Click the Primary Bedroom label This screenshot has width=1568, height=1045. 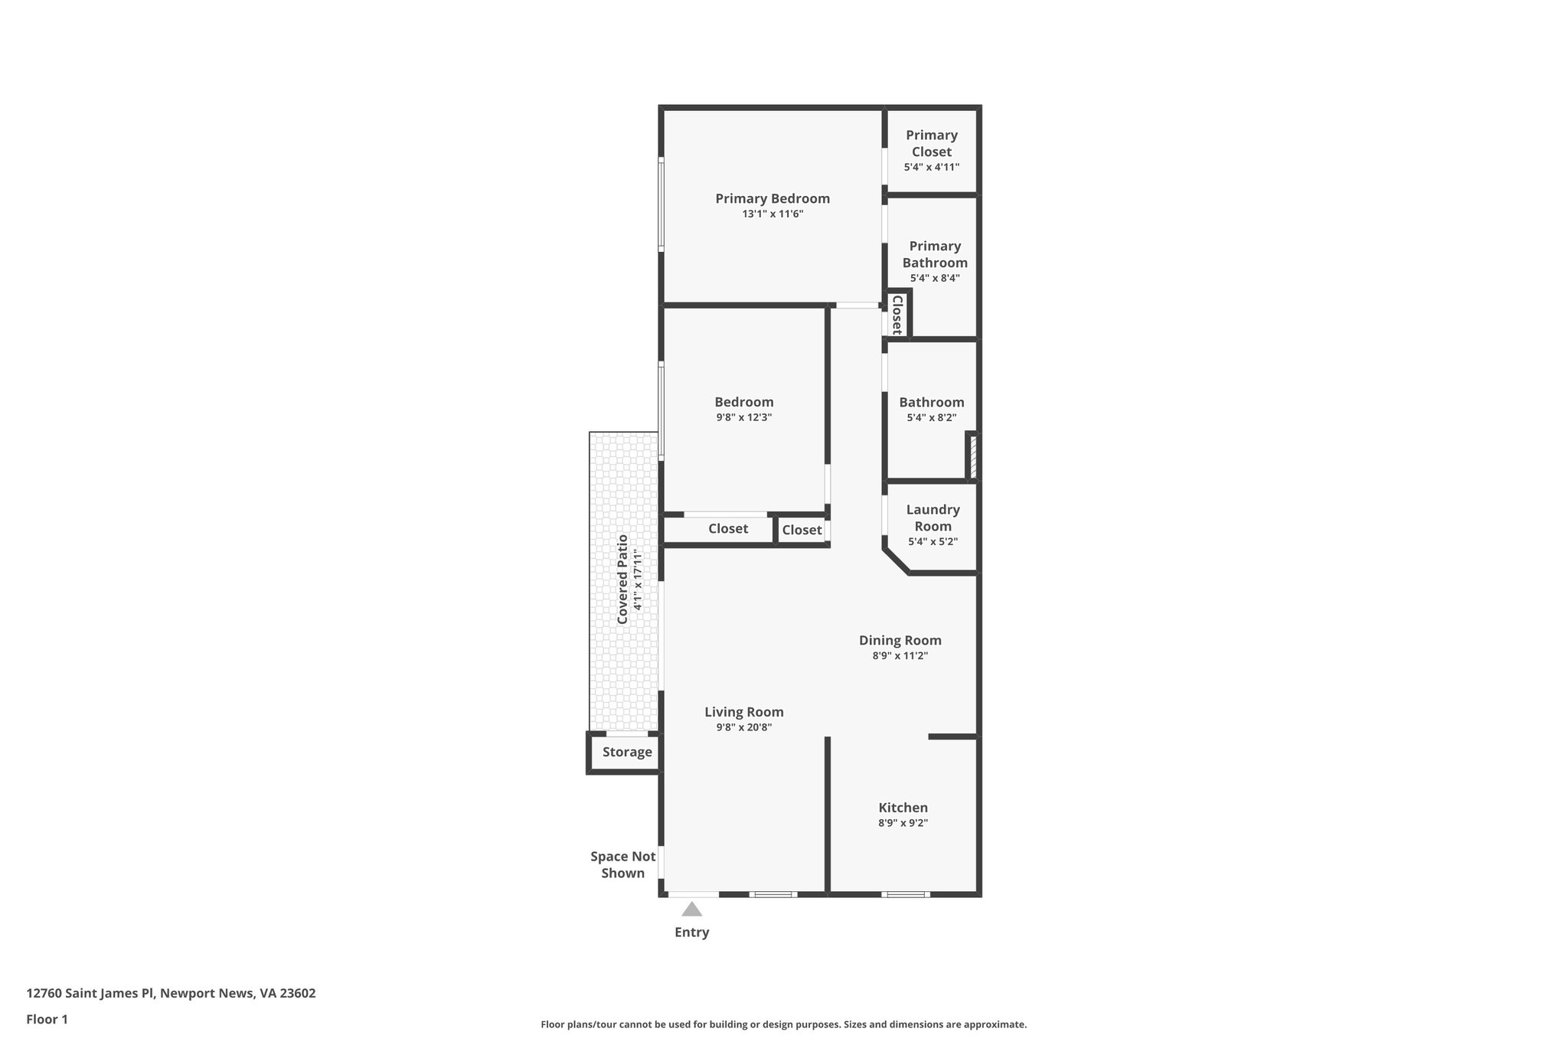[x=772, y=199]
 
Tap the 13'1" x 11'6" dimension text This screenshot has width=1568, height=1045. [x=772, y=214]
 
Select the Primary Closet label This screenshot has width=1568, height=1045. [x=931, y=143]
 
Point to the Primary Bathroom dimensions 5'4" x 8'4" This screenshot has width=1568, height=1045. [x=934, y=279]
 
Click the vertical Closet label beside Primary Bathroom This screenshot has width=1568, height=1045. [x=897, y=315]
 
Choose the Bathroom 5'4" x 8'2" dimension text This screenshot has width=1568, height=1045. [x=931, y=418]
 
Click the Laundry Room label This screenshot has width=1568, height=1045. [x=933, y=518]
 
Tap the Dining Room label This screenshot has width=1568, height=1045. [x=900, y=641]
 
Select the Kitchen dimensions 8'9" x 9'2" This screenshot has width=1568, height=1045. [x=903, y=823]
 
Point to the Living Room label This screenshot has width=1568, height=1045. [x=743, y=712]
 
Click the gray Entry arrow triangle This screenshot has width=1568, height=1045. [x=691, y=909]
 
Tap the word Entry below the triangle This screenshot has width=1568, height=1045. [x=691, y=932]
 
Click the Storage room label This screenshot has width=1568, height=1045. [x=626, y=752]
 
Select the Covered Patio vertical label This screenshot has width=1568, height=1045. [x=622, y=579]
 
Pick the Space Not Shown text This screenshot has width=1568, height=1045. [x=622, y=865]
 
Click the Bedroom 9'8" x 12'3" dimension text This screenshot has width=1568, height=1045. [x=743, y=418]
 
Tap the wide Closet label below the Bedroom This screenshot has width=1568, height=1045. [x=727, y=529]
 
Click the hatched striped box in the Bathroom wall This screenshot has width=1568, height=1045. [x=972, y=457]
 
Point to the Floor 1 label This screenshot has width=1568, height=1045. [x=47, y=1020]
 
